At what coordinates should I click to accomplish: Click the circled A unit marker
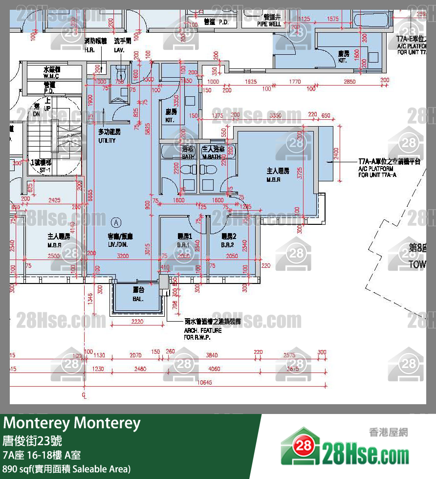coord(116,221)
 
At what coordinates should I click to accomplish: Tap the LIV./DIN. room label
coord(121,239)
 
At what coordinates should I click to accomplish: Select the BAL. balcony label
coord(138,295)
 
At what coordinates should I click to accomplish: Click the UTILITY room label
coord(107,137)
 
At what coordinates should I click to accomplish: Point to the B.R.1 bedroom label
coord(184,240)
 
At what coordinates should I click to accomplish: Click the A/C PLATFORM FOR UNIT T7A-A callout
coord(389,168)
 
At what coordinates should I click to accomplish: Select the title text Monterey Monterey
coord(72,423)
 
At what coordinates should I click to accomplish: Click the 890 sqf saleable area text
coord(66,469)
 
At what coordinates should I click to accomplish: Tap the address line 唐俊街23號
coord(32,440)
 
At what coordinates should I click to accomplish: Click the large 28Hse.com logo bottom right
coord(346,447)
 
